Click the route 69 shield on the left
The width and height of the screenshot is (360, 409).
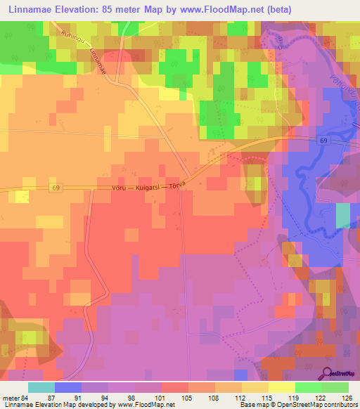(56, 187)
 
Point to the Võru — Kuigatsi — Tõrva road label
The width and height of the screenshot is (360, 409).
(148, 186)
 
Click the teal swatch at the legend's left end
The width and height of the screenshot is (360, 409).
(41, 387)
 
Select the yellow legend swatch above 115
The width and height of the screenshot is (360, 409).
(255, 387)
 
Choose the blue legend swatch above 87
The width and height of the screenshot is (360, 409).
(68, 387)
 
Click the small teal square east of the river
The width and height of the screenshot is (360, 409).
(342, 216)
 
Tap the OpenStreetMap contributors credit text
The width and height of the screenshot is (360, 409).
(309, 405)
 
